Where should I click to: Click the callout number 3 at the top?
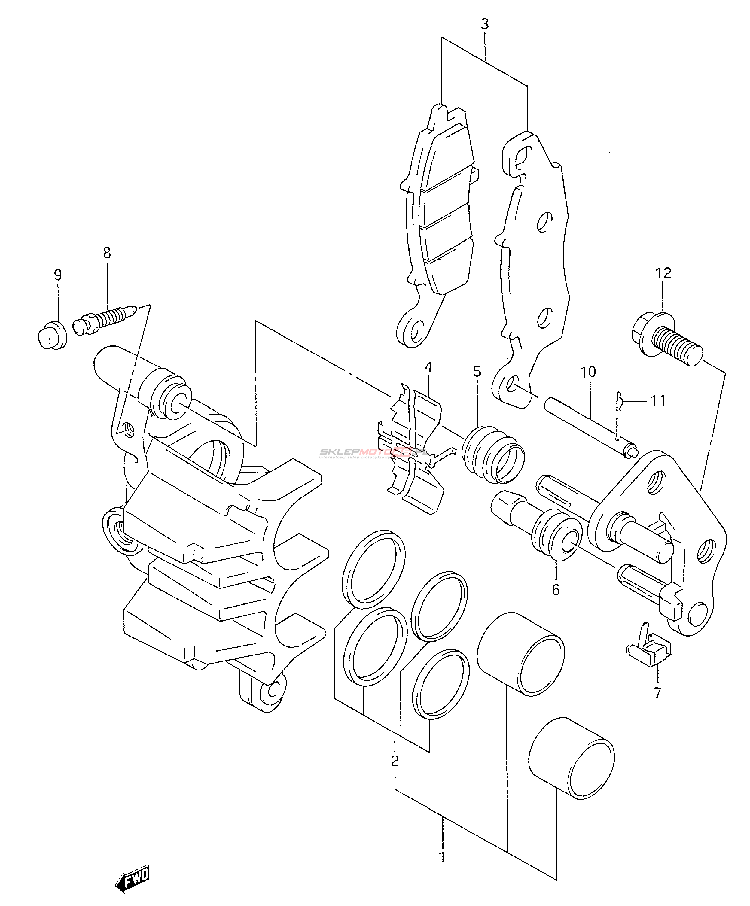pyautogui.click(x=485, y=25)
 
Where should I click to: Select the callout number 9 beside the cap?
pyautogui.click(x=57, y=275)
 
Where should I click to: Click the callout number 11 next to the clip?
pyautogui.click(x=658, y=402)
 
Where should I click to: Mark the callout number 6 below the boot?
pyautogui.click(x=555, y=590)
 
